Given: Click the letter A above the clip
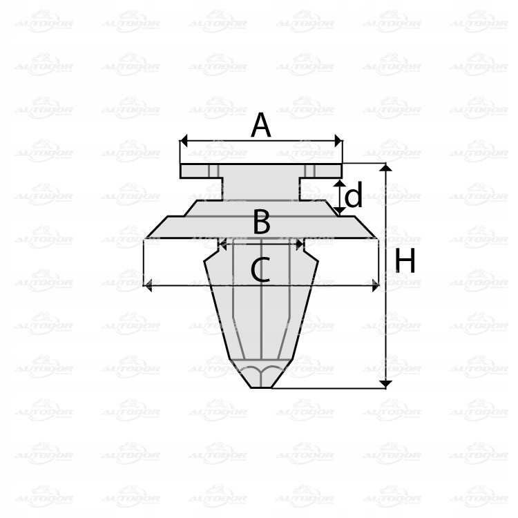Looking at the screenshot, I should point(260,125).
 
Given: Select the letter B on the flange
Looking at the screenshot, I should point(261,222).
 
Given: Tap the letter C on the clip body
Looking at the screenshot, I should point(260,270).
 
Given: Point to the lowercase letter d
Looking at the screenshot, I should point(354,197).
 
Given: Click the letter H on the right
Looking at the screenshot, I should point(405,262).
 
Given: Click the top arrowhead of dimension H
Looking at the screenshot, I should point(386,168).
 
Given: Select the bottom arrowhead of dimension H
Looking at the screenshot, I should point(386,383).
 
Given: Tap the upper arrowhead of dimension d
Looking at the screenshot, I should point(339,183).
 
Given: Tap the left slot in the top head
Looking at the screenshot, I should point(213,171).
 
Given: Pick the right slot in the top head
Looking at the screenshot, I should point(309,171).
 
